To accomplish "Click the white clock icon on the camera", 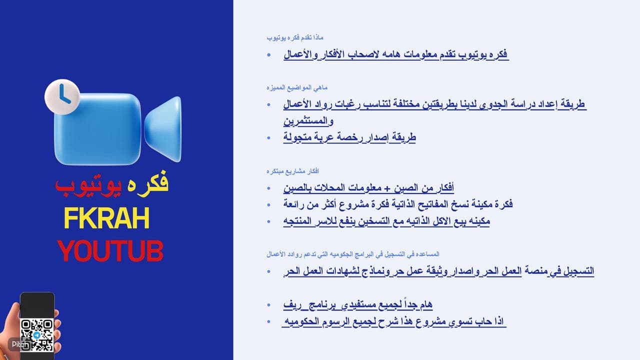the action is click(x=62, y=97).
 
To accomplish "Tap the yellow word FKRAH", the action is click(x=106, y=218).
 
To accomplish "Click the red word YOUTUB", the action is click(x=110, y=251).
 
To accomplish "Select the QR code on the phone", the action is click(x=37, y=335).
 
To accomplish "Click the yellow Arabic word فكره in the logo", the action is click(x=147, y=184).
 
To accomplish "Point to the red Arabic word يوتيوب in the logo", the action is click(x=88, y=185).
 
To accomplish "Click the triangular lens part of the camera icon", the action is click(x=163, y=129).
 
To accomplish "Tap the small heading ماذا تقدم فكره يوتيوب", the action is click(x=295, y=37).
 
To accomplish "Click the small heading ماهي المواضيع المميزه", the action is click(x=297, y=87).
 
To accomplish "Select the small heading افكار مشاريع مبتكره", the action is click(x=293, y=171).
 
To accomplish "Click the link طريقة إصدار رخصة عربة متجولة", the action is click(x=349, y=137).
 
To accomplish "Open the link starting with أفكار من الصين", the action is click(x=368, y=187).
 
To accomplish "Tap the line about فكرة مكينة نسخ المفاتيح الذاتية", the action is click(x=398, y=204).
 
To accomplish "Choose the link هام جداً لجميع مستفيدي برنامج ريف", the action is click(x=357, y=304).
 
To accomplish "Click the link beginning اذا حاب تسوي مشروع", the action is click(x=393, y=321).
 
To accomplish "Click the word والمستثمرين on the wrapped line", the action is click(x=308, y=121).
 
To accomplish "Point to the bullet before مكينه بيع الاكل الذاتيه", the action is click(x=268, y=221).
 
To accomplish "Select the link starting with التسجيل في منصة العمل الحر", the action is click(x=438, y=271).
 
